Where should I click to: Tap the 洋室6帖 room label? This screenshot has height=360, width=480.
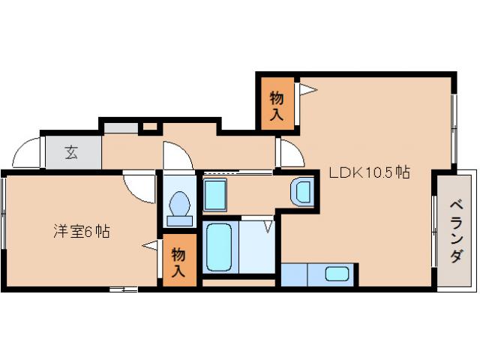pos(82,232)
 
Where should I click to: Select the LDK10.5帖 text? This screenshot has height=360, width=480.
pos(370,172)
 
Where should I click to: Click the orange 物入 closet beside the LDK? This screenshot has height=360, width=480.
pos(277,105)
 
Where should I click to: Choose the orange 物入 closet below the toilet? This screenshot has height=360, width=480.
pos(178,260)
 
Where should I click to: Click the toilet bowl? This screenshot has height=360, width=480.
pos(179,206)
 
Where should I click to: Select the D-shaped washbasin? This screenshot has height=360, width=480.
pos(303,192)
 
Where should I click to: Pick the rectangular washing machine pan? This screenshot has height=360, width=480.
pos(216,195)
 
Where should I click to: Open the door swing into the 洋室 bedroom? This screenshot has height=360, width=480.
pos(139,187)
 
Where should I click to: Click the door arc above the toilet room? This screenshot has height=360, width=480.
pos(178,155)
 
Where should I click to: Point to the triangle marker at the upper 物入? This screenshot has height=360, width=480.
pos(308,91)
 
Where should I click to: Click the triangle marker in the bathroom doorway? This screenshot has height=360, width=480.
pos(268,225)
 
